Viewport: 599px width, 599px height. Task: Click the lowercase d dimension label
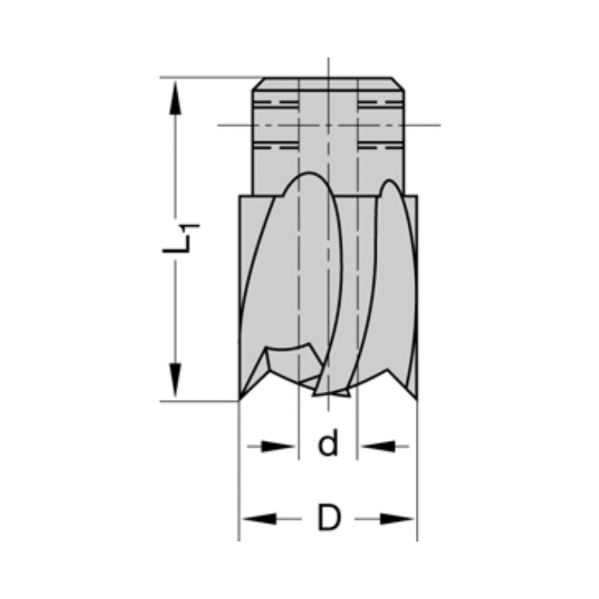[328, 444]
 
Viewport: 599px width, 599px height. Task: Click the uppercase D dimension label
[328, 518]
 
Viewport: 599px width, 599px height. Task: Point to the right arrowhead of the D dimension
[398, 519]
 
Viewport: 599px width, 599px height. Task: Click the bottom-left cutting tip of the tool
[240, 399]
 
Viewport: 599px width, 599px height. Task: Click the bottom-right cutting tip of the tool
[416, 399]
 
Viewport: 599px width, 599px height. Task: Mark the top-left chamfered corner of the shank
[258, 84]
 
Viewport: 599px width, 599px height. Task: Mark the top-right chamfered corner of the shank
[399, 84]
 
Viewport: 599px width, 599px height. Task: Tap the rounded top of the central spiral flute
[310, 174]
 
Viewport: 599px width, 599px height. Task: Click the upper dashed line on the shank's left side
[276, 103]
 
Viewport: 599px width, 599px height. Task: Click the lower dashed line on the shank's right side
[381, 146]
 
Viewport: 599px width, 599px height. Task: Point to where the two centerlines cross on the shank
[328, 125]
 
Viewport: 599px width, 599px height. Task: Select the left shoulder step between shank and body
[246, 196]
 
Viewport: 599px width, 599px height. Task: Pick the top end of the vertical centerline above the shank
[328, 59]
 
